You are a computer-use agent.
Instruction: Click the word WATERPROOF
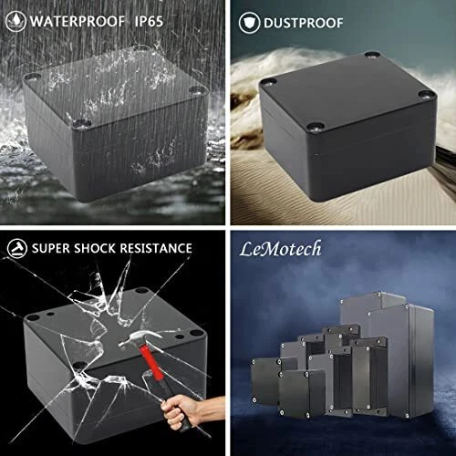click(78, 21)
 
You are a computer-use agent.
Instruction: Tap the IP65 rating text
click(149, 21)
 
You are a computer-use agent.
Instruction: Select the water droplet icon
click(16, 21)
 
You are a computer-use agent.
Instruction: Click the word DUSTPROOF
click(303, 23)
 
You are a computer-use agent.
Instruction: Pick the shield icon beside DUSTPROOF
click(249, 23)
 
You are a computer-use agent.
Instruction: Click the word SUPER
click(51, 248)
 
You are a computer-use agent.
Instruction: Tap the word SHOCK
click(95, 248)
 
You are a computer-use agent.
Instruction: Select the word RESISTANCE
click(156, 248)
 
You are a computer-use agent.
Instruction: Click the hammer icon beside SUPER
click(17, 248)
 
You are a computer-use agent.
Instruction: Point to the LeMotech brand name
click(280, 249)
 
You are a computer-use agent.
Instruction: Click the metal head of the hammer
click(140, 338)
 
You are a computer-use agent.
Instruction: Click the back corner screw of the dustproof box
click(372, 55)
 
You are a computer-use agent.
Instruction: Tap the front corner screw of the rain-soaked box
click(81, 124)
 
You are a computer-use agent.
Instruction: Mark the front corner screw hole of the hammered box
click(78, 365)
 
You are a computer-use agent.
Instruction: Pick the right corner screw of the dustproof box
click(426, 95)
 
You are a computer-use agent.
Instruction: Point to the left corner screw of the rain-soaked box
click(32, 76)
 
